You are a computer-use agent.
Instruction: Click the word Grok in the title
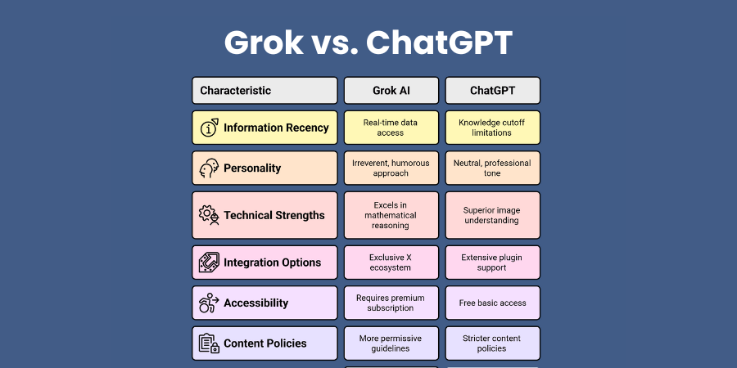264,43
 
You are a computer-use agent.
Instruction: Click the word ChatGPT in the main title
439,43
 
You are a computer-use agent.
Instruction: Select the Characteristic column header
265,90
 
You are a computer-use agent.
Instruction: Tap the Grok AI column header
391,90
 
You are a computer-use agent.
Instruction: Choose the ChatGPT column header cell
493,90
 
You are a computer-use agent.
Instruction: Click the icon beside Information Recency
209,128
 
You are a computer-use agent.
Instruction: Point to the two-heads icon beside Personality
209,168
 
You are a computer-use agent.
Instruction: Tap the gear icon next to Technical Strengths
209,215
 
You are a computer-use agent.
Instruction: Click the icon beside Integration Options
209,263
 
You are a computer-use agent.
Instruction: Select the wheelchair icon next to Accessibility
209,303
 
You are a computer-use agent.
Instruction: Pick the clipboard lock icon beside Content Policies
209,343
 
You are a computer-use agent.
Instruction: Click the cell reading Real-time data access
391,128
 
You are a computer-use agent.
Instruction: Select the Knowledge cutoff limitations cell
493,128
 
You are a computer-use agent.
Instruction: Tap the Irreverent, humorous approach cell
391,168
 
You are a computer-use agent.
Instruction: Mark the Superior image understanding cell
493,215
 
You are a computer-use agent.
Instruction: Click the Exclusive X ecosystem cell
391,263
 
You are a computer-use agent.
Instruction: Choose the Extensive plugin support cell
493,263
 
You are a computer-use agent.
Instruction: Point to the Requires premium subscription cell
391,303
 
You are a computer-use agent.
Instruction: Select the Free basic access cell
493,303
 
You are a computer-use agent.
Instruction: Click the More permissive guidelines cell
391,343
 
